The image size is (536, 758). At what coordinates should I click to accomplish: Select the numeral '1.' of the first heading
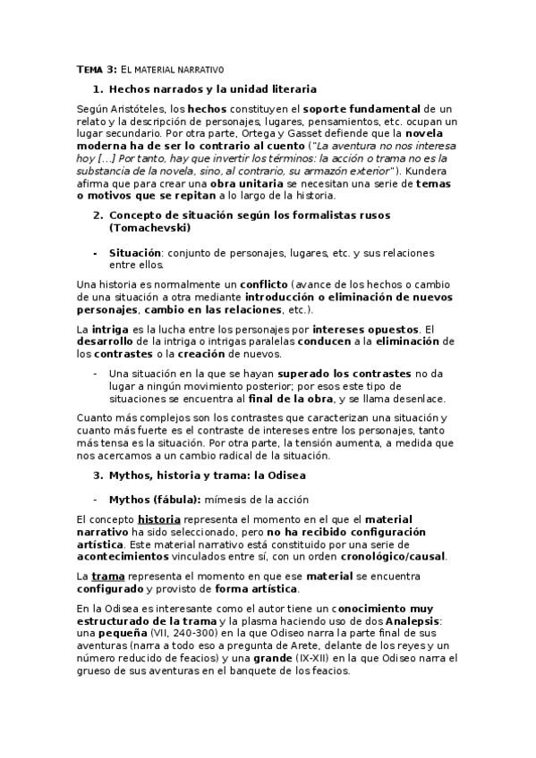click(98, 89)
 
